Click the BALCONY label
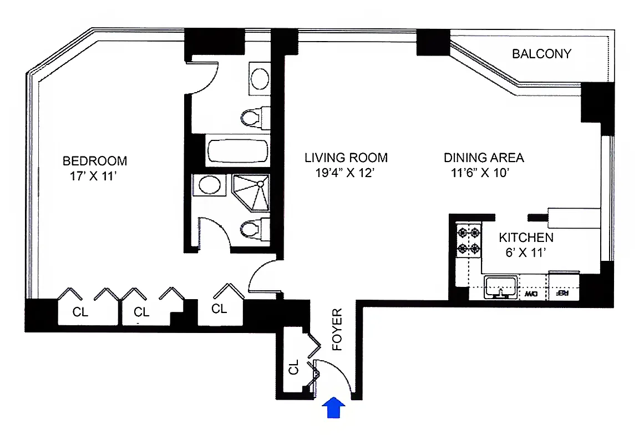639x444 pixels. click(x=541, y=54)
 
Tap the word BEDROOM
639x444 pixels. click(x=95, y=161)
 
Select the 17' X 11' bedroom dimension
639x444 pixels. click(x=92, y=176)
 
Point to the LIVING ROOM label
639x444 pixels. click(x=346, y=158)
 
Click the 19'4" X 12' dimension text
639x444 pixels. click(x=346, y=173)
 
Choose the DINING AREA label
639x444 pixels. click(x=484, y=158)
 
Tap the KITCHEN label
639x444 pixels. click(x=526, y=238)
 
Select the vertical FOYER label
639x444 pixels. click(x=337, y=330)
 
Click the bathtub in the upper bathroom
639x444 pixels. click(x=237, y=150)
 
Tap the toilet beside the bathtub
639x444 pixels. click(x=252, y=117)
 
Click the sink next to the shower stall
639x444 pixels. click(x=209, y=185)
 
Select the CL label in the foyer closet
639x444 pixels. click(x=294, y=366)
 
